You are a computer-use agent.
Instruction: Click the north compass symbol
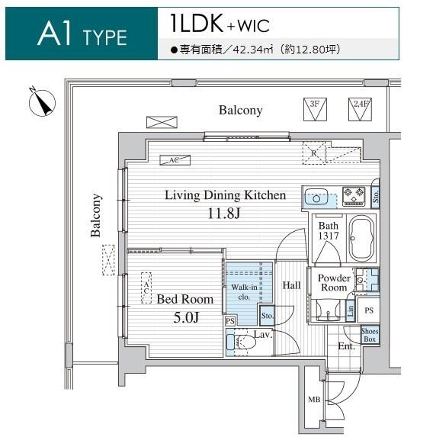pyautogui.click(x=42, y=102)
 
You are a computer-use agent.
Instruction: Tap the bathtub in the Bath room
pyautogui.click(x=361, y=238)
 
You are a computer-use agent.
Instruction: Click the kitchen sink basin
pyautogui.click(x=316, y=197)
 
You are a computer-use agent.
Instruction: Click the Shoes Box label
pyautogui.click(x=370, y=336)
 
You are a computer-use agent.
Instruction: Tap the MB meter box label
pyautogui.click(x=314, y=400)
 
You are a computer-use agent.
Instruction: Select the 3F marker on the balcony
pyautogui.click(x=315, y=109)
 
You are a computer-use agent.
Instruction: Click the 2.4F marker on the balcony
pyautogui.click(x=360, y=109)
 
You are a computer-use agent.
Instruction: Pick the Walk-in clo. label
pyautogui.click(x=244, y=292)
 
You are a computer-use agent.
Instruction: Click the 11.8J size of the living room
pyautogui.click(x=223, y=214)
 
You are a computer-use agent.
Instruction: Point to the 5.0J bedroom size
pyautogui.click(x=186, y=317)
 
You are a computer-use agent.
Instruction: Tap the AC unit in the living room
pyautogui.click(x=175, y=160)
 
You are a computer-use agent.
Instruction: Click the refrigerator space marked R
pyautogui.click(x=314, y=153)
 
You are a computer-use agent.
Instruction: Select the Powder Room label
pyautogui.click(x=334, y=283)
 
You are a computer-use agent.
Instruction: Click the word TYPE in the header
pyautogui.click(x=104, y=38)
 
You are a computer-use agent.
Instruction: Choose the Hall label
pyautogui.click(x=291, y=285)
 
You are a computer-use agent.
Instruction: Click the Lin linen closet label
pyautogui.click(x=351, y=310)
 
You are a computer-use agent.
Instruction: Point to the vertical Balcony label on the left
pyautogui.click(x=96, y=215)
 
